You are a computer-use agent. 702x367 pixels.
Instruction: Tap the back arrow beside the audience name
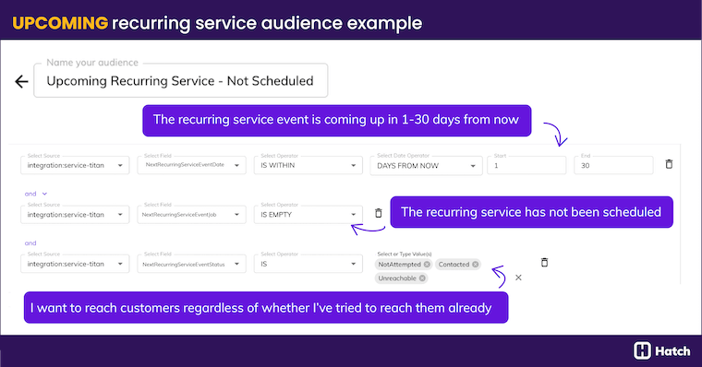21,81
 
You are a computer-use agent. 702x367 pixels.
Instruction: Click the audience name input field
180,81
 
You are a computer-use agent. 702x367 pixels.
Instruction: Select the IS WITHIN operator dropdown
309,165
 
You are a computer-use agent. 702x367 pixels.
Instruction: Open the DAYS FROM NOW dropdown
426,165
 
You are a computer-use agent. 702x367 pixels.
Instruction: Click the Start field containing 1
528,165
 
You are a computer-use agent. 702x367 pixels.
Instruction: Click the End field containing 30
612,165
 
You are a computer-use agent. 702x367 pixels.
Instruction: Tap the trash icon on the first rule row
670,164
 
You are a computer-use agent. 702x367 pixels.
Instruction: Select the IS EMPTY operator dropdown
309,215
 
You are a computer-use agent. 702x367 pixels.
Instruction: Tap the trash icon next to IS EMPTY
378,214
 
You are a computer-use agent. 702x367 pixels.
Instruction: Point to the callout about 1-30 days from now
336,119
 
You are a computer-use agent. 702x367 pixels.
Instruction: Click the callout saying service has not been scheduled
531,212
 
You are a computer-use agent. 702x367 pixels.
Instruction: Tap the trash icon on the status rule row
545,263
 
